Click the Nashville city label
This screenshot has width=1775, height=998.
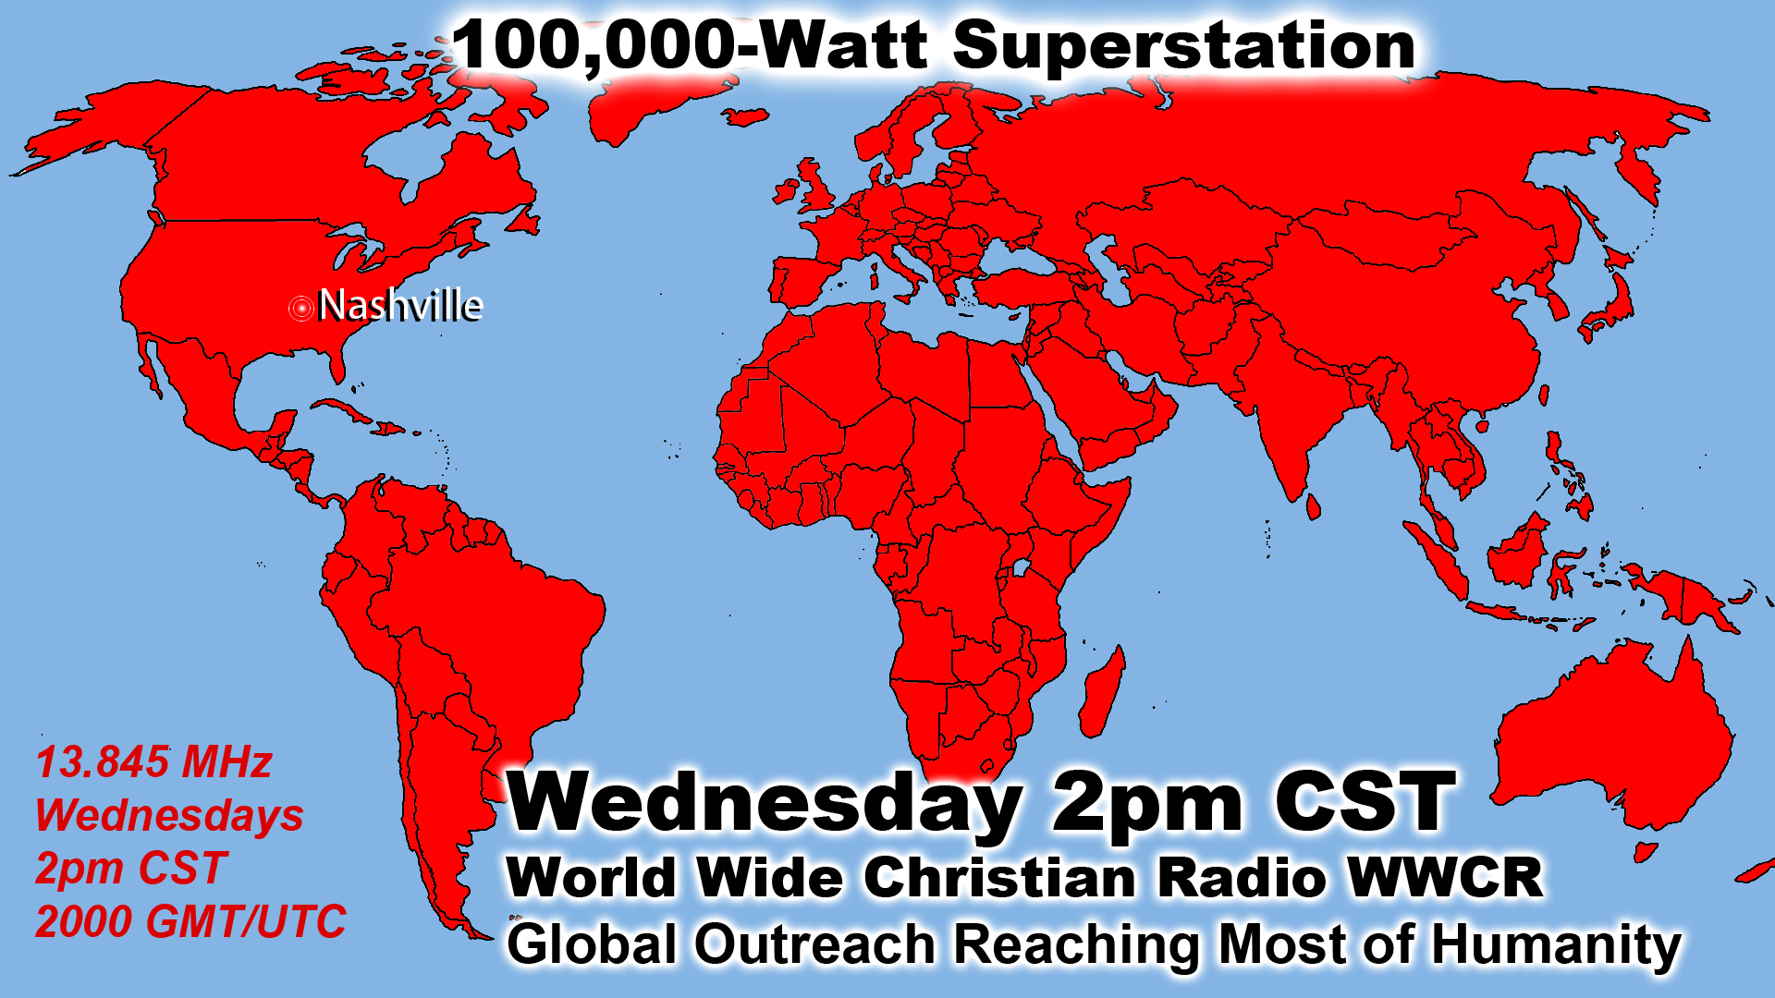(x=400, y=305)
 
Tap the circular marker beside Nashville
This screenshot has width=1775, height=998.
(x=301, y=308)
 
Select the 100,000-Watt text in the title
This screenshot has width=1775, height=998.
(x=690, y=46)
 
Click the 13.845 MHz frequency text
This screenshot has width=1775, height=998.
(x=153, y=763)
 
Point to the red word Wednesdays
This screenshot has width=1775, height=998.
(x=169, y=816)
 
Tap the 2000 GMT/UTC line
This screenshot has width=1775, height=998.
(x=190, y=921)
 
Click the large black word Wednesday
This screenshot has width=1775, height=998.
(x=765, y=802)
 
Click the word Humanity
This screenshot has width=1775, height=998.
(x=1556, y=945)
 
